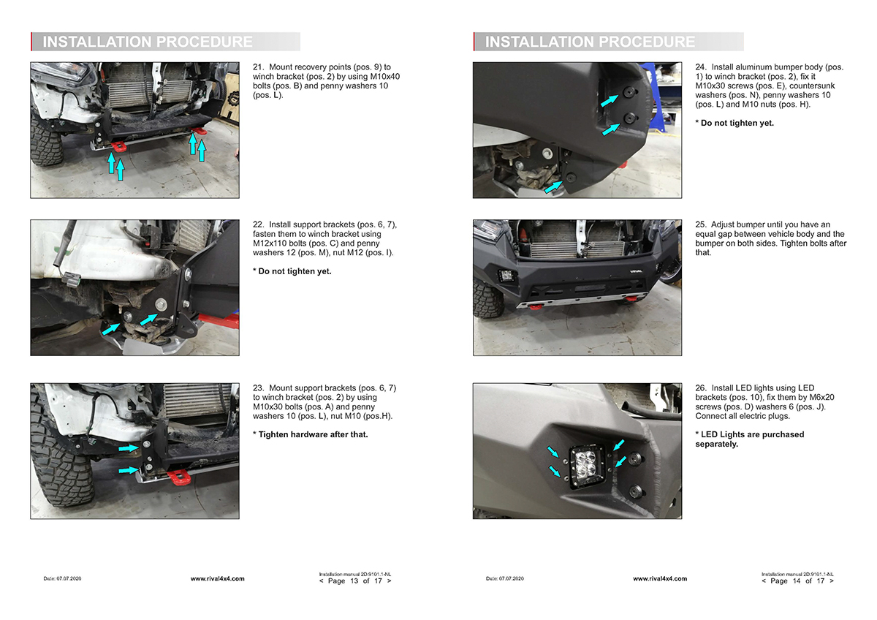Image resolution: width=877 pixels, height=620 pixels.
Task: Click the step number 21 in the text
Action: (258, 67)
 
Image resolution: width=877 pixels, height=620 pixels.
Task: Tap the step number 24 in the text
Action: (701, 67)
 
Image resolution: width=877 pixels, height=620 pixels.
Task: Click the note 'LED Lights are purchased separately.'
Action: (750, 439)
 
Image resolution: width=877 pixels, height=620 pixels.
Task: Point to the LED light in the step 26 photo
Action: (586, 466)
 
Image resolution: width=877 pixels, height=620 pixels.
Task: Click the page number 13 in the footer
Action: (354, 581)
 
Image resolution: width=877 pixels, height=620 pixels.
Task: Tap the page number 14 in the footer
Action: (797, 581)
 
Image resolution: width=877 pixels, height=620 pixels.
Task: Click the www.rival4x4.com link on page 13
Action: (217, 578)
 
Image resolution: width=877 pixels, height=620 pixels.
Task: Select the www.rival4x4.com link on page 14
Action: (660, 578)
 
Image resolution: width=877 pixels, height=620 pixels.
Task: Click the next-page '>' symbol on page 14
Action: (832, 581)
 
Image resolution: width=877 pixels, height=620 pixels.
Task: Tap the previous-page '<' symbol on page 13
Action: (322, 581)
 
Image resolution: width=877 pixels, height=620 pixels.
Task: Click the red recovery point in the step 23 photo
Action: (179, 478)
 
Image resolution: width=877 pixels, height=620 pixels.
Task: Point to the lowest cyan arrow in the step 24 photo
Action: (554, 186)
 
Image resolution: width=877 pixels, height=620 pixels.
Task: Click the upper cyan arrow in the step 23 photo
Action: (129, 447)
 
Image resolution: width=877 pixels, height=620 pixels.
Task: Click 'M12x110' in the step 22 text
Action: (270, 243)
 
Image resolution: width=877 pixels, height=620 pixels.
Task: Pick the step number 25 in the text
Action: (701, 224)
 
